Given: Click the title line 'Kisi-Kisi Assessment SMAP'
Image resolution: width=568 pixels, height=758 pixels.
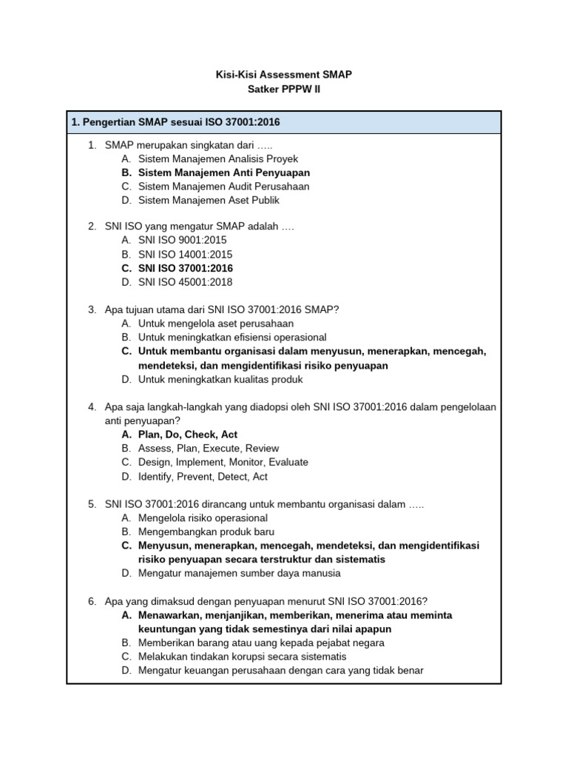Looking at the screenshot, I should click(x=284, y=75).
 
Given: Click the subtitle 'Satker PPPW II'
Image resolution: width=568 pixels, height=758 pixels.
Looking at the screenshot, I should click(x=284, y=90).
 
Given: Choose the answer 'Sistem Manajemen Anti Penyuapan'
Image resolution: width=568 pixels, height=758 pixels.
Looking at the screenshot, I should click(x=223, y=172).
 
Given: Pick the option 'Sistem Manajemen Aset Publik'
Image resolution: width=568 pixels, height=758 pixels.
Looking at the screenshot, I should click(x=209, y=200).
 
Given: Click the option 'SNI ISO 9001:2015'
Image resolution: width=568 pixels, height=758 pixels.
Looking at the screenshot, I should click(x=182, y=241).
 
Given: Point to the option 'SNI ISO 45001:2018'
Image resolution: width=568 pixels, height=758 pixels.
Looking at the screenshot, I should click(x=185, y=282).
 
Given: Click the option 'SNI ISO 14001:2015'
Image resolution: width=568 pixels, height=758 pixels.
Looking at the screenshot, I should click(x=185, y=255).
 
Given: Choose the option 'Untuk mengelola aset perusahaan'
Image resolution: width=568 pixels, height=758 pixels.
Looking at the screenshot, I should click(x=215, y=323).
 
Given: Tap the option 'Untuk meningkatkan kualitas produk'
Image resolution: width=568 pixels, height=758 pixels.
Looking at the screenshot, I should click(x=220, y=379).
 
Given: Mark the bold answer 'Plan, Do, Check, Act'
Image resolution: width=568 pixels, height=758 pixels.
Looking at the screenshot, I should click(x=188, y=435).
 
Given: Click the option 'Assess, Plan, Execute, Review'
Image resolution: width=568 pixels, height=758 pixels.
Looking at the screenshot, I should click(x=209, y=449).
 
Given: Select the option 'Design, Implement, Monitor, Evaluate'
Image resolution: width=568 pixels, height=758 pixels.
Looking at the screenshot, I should click(x=223, y=462).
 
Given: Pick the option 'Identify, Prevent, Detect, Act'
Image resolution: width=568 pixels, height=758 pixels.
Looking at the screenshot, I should click(x=203, y=476).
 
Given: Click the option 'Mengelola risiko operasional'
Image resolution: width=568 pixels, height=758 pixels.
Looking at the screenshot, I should click(x=203, y=517).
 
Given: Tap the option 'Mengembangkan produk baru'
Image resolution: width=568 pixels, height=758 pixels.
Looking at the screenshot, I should click(x=206, y=531).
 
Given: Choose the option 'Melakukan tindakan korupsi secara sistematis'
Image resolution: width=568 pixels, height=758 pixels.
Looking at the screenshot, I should click(x=242, y=657).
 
